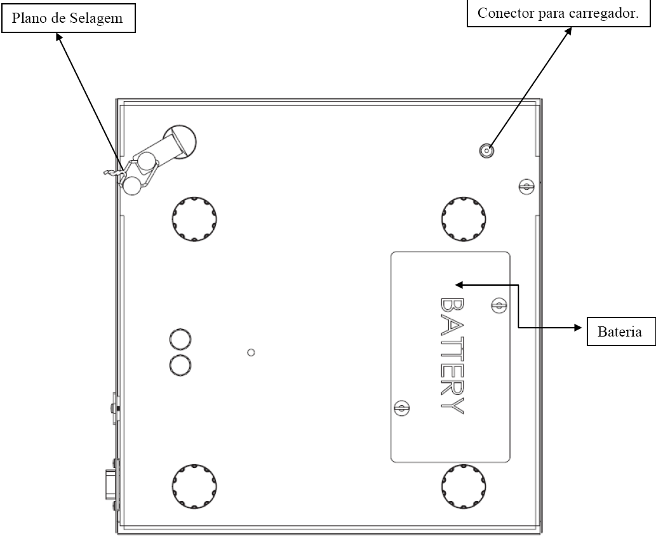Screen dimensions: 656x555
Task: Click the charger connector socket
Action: pos(486,150)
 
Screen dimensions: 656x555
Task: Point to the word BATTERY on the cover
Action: pos(452,356)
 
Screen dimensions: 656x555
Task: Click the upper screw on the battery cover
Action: pos(499,305)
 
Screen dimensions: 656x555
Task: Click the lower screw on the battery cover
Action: pos(401,408)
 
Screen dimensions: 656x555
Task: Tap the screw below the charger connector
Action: pos(526,187)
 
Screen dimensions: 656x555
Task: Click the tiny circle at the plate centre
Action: pos(251,352)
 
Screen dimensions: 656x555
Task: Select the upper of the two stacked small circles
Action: pos(180,339)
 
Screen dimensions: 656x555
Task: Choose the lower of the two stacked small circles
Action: pos(180,365)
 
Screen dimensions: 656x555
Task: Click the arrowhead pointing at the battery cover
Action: pos(459,285)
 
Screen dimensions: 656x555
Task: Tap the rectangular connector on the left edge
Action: pos(111,485)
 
